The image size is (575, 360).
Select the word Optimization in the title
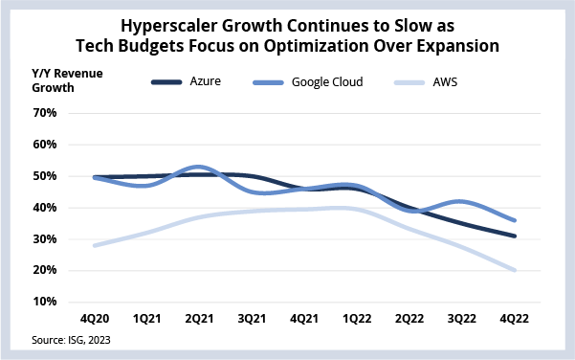click(316, 46)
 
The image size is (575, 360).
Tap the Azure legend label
click(206, 81)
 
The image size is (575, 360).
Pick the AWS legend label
click(445, 81)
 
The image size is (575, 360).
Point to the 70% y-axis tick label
click(45, 113)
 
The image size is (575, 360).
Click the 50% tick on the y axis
click(45, 176)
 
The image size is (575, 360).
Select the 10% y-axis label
click(45, 302)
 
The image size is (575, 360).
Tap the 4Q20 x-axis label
click(95, 319)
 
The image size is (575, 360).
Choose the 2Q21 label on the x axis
click(199, 319)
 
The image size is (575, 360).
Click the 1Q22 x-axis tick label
click(357, 319)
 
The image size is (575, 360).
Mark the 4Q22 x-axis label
click(514, 319)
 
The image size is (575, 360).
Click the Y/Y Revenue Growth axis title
click(67, 80)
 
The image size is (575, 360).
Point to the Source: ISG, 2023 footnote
click(71, 340)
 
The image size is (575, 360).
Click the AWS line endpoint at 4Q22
click(514, 270)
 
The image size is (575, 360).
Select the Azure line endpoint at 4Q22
click(514, 236)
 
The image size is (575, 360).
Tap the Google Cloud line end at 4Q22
click(514, 220)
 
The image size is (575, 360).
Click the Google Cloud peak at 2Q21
click(199, 168)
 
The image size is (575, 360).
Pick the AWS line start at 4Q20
click(95, 245)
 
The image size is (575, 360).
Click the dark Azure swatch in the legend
click(166, 82)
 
